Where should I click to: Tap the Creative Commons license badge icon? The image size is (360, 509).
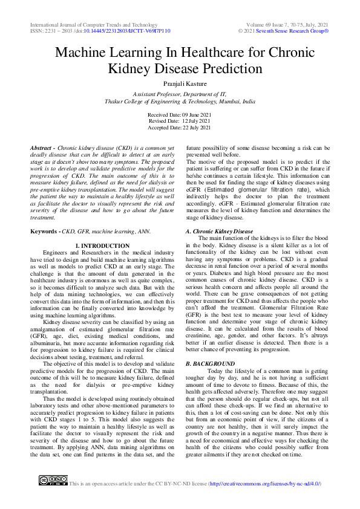[53, 481]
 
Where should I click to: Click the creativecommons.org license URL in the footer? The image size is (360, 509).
[264, 484]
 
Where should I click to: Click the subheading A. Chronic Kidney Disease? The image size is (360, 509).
[219, 232]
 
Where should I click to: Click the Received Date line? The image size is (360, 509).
[180, 114]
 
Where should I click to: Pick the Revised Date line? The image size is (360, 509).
[180, 121]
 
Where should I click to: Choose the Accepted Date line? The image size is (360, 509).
[180, 128]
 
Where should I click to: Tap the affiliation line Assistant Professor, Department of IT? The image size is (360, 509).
[180, 96]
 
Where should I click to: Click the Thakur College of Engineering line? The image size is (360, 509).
[180, 102]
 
